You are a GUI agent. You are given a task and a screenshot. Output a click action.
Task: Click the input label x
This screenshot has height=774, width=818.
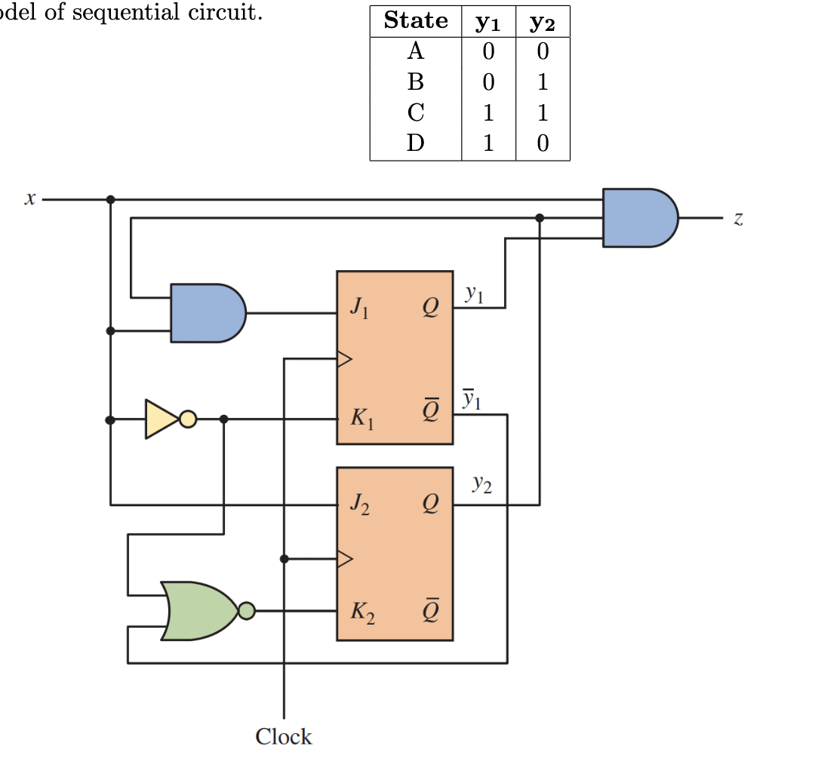[29, 199]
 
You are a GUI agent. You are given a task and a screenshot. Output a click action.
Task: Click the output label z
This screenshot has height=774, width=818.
[738, 219]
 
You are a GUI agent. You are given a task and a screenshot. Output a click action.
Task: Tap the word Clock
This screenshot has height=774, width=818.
[283, 736]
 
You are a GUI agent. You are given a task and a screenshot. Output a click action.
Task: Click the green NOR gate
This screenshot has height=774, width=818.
[198, 611]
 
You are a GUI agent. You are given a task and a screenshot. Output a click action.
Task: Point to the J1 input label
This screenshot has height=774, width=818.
[359, 309]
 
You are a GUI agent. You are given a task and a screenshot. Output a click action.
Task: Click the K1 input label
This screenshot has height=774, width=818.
[361, 418]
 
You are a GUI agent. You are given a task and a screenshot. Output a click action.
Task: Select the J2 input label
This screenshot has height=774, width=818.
[360, 505]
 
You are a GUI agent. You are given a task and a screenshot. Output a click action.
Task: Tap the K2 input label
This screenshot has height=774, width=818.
[361, 613]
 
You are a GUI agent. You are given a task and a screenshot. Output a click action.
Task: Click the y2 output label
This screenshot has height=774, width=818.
[481, 484]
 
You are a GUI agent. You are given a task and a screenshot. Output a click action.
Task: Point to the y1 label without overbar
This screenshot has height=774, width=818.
[472, 294]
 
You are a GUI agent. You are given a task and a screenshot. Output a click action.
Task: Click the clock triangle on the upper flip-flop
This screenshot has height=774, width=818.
[344, 359]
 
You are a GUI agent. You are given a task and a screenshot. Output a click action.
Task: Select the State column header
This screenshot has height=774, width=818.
[416, 21]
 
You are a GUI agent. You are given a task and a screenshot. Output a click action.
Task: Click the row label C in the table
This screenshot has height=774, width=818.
[416, 113]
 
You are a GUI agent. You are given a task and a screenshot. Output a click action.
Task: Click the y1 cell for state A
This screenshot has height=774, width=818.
[488, 51]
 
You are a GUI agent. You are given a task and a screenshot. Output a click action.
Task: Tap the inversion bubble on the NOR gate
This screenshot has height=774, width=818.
[247, 611]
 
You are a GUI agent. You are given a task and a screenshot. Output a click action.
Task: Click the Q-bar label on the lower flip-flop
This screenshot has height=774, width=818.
[429, 610]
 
